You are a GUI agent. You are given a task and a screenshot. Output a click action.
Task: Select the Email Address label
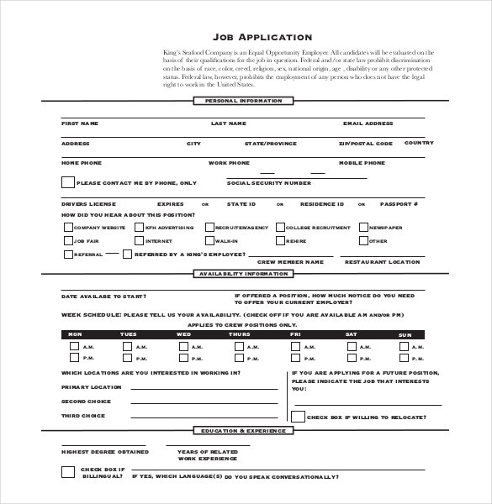coord(368,123)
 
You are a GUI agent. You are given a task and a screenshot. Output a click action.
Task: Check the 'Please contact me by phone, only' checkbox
coord(67,182)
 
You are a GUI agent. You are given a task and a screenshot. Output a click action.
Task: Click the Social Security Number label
coord(269,182)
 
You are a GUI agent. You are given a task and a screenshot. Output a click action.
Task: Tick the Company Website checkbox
coord(67,227)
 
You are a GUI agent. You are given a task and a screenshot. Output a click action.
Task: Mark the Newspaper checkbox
coord(363,227)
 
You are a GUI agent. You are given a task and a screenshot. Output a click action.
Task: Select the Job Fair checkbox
coord(67,241)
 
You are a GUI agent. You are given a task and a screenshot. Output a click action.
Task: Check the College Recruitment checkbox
coord(279,227)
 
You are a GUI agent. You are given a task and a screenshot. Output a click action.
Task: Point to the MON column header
coord(76,334)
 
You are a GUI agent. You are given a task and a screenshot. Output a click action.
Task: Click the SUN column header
coord(405,334)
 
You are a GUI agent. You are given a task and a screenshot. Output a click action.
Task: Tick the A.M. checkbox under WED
coord(184,347)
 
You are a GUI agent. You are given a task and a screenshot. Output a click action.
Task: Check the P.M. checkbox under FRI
coord(295,359)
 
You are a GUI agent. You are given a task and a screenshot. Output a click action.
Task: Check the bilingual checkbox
coord(67,471)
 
